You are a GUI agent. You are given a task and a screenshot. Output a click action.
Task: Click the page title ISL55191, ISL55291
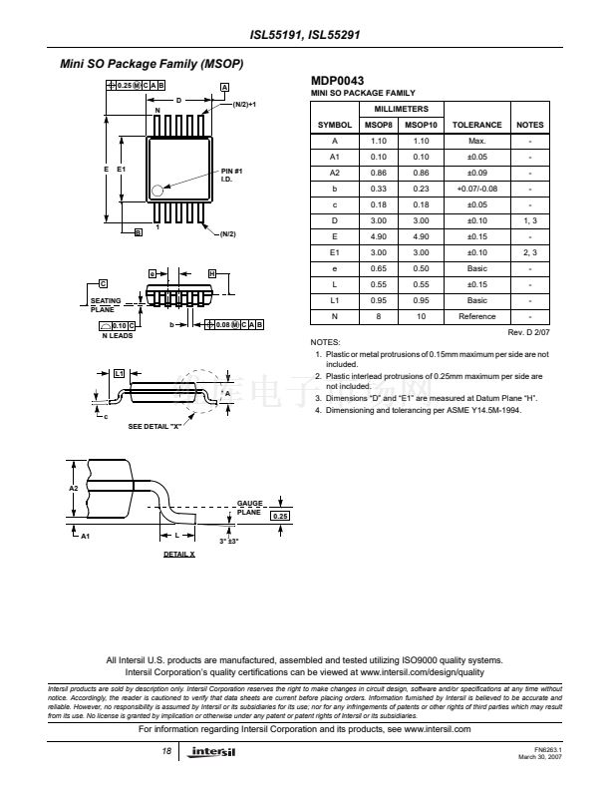(x=305, y=33)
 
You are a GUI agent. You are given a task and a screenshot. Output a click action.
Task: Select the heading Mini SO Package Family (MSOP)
(x=152, y=65)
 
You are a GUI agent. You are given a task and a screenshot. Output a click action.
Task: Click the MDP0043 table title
(x=338, y=81)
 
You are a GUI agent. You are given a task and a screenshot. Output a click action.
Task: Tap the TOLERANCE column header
(x=477, y=125)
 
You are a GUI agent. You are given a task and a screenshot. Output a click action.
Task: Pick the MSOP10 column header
(x=421, y=125)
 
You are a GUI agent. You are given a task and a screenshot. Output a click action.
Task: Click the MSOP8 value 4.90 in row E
(x=378, y=236)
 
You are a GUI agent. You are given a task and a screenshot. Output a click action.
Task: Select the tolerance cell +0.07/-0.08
(x=477, y=189)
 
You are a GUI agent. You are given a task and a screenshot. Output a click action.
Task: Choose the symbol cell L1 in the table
(x=335, y=300)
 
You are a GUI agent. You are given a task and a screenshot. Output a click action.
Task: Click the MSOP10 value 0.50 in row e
(x=421, y=268)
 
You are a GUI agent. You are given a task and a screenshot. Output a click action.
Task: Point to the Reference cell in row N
(x=477, y=316)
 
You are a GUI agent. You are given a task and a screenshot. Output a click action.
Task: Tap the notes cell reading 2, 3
(x=530, y=252)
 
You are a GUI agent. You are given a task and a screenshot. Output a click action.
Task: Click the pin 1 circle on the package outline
(x=156, y=190)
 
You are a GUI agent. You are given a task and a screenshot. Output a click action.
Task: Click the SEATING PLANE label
(x=106, y=303)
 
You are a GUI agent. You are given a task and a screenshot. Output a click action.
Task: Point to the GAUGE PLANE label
(x=249, y=507)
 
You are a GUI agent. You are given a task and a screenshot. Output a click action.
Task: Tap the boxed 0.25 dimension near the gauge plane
(x=280, y=517)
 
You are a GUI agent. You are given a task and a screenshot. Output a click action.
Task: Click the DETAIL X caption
(x=179, y=554)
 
